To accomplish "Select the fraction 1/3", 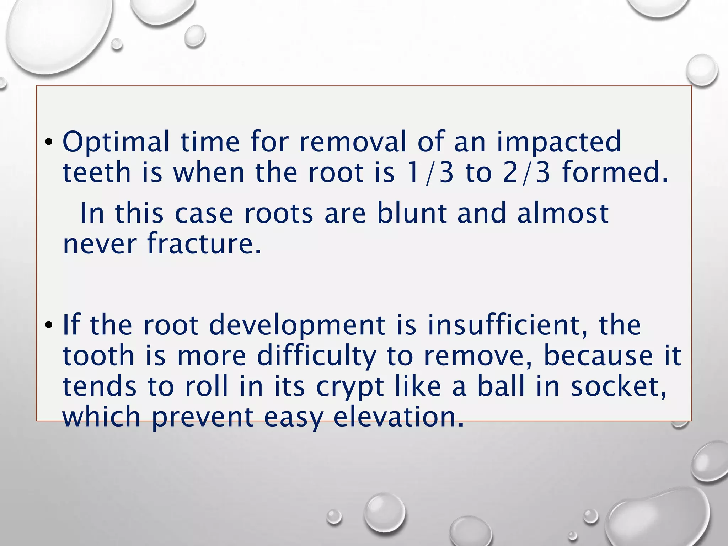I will (x=430, y=172).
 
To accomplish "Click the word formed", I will (x=615, y=172).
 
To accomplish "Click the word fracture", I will (x=204, y=244).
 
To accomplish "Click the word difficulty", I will (x=316, y=356).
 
